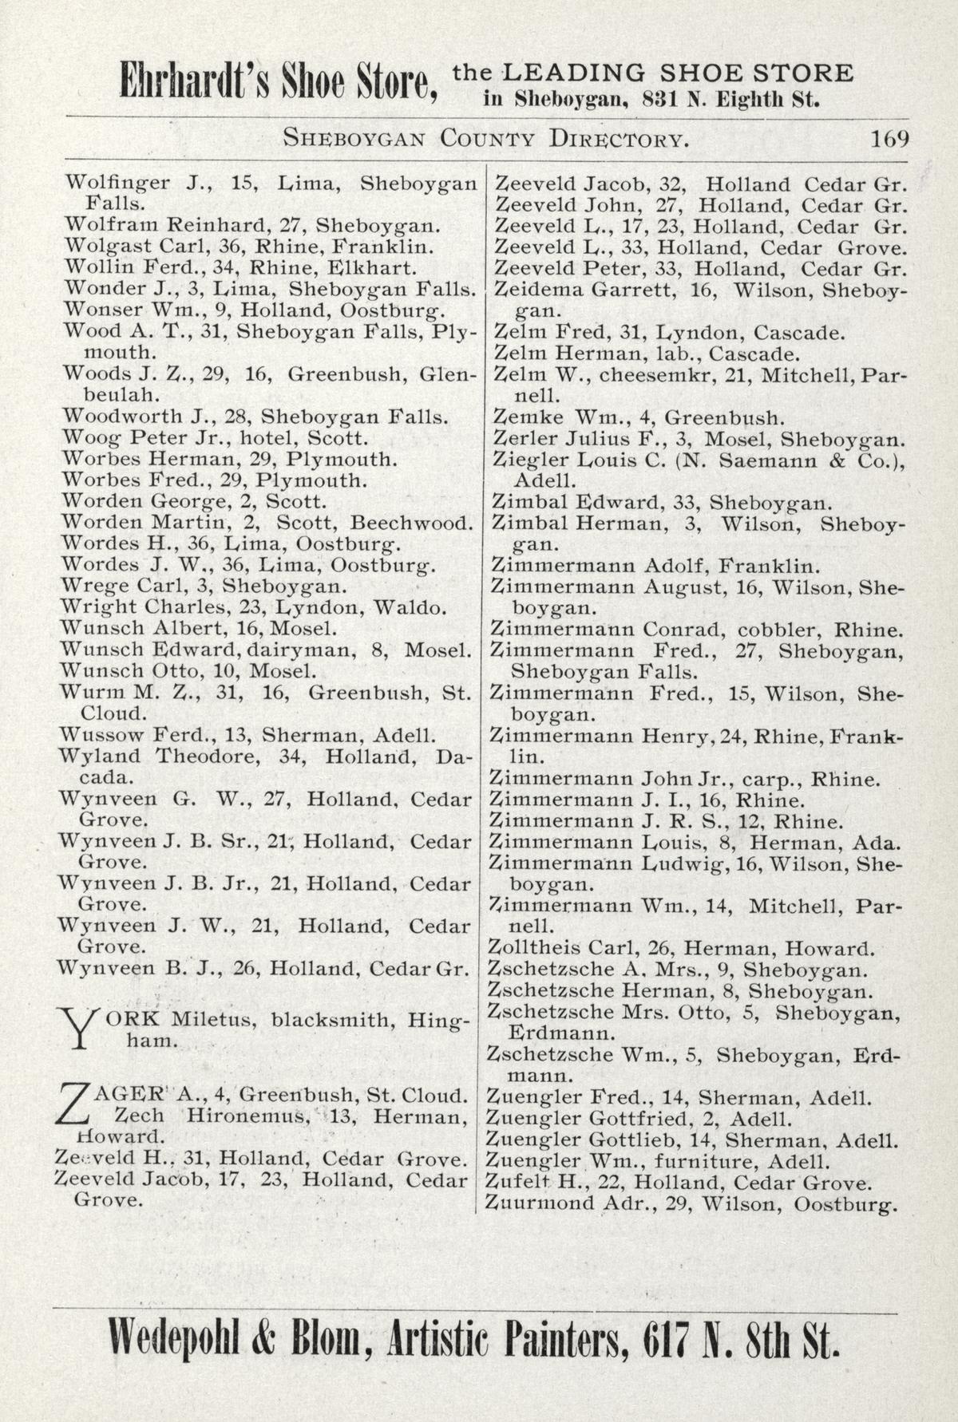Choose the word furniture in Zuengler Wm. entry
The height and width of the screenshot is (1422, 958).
696,1161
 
